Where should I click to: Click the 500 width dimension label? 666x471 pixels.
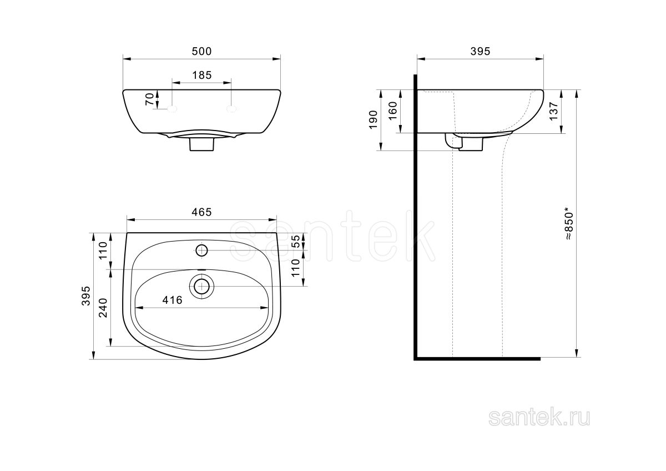click(x=201, y=52)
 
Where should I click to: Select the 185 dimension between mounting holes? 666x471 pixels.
click(x=201, y=76)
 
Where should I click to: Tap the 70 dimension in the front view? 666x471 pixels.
click(x=149, y=99)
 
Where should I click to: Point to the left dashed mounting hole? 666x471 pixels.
click(x=172, y=109)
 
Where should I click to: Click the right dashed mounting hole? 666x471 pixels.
click(x=231, y=109)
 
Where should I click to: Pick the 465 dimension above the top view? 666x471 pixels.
click(x=201, y=212)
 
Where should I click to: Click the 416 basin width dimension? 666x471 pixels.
click(x=173, y=300)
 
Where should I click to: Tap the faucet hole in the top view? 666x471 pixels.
click(x=201, y=250)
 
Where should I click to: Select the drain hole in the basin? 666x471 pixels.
click(x=201, y=287)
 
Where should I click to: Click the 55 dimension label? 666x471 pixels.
click(x=296, y=241)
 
